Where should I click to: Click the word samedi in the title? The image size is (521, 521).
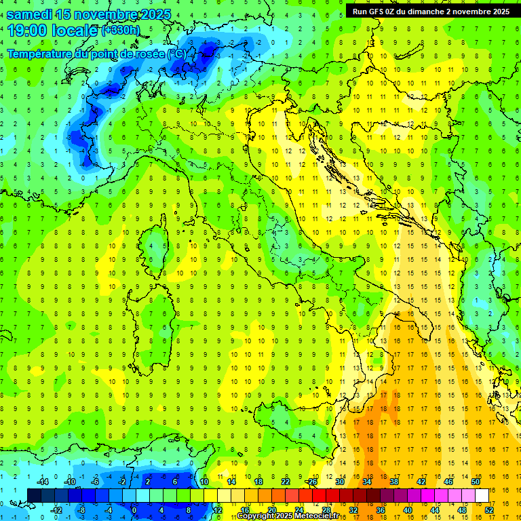coord(29,14)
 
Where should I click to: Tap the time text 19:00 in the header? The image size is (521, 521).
coord(27,30)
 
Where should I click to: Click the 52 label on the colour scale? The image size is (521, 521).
coord(489,510)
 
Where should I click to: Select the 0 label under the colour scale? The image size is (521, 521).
coord(134,510)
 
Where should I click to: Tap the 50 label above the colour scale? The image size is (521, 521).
coord(476,482)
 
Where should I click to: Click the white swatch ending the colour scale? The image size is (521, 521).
coord(482,496)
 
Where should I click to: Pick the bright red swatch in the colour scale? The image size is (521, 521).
coord(319,496)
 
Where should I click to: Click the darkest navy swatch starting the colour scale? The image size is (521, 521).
coord(34,496)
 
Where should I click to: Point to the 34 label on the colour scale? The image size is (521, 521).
coord(367,482)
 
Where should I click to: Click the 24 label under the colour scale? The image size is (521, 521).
coord(298,510)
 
